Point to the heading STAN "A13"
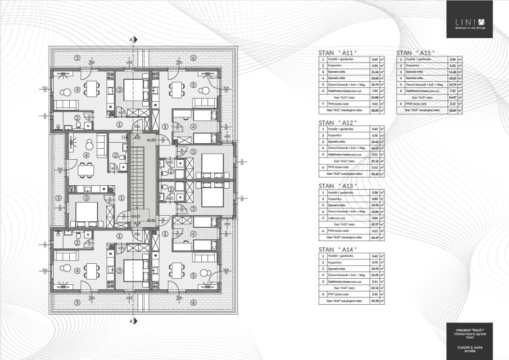point(338,186)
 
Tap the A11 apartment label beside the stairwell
point(150,140)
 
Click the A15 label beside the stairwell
point(150,220)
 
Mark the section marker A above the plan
point(131,40)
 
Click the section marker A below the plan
point(131,320)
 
